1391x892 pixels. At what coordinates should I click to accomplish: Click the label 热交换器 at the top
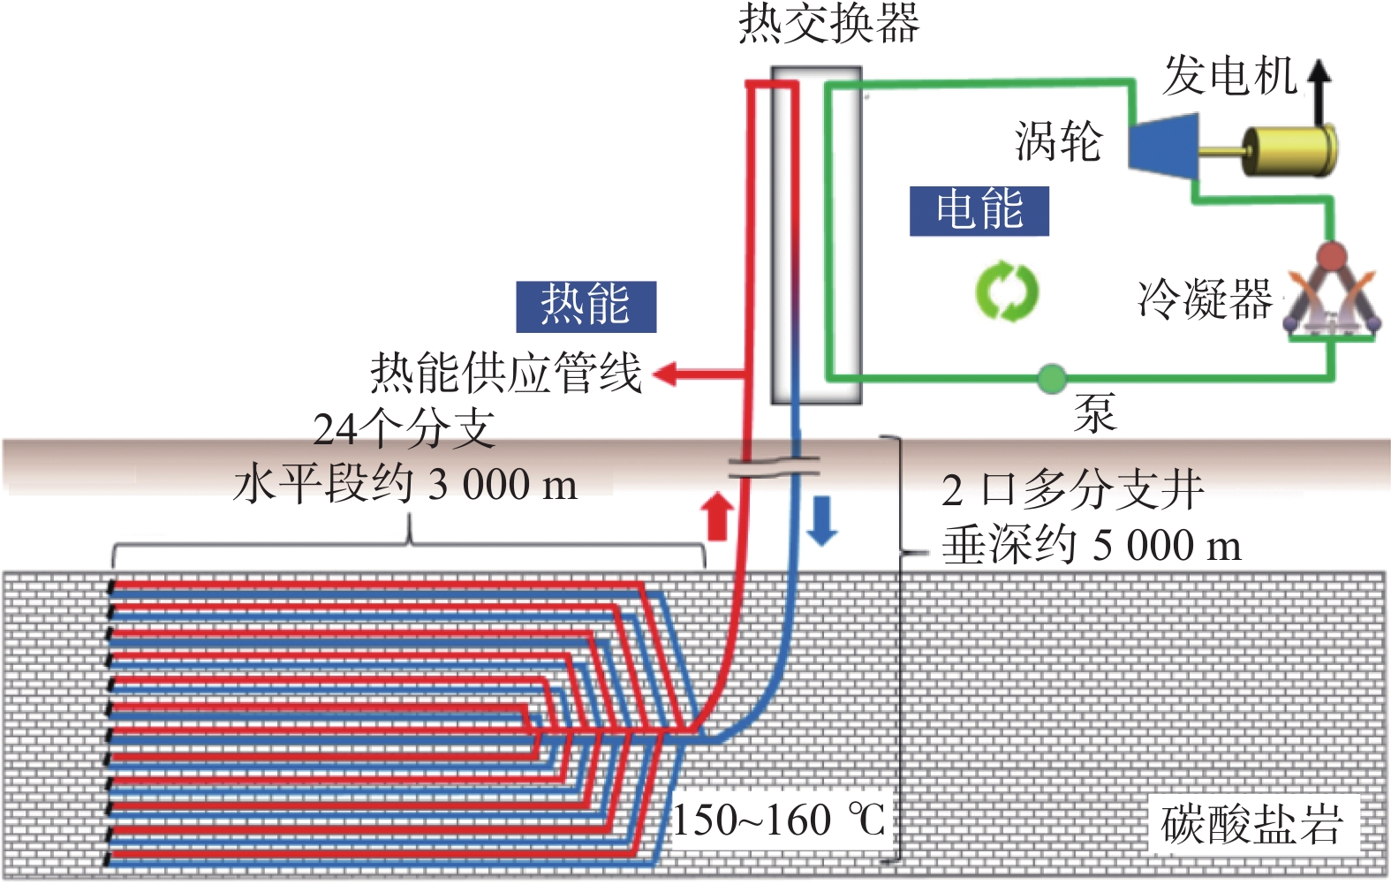(x=828, y=24)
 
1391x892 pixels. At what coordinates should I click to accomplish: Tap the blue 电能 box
(x=979, y=211)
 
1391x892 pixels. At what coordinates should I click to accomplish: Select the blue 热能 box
(x=586, y=306)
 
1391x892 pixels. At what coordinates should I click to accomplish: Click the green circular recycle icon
(x=1007, y=291)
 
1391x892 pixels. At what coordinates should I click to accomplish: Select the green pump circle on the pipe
(x=1051, y=379)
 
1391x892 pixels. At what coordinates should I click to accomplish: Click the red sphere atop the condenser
(x=1331, y=257)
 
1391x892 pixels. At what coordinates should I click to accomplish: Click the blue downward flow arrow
(x=822, y=519)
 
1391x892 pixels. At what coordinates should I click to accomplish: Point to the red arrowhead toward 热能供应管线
(x=665, y=374)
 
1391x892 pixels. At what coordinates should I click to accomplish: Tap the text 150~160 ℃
(x=779, y=820)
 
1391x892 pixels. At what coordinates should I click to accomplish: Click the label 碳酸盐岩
(x=1251, y=824)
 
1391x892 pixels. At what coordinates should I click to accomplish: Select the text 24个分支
(x=404, y=430)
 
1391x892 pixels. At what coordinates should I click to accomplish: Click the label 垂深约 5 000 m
(x=1091, y=545)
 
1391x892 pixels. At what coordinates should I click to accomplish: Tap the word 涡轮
(x=1058, y=141)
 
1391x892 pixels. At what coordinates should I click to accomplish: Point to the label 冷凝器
(x=1205, y=299)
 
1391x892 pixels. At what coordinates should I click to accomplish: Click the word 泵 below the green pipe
(x=1095, y=412)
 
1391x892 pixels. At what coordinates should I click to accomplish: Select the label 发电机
(x=1229, y=76)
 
